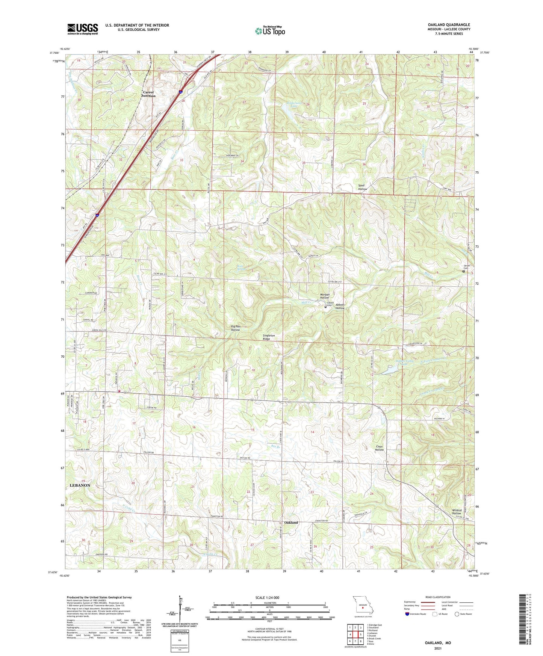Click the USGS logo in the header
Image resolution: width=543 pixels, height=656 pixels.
83,29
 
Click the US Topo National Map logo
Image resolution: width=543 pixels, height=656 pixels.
270,31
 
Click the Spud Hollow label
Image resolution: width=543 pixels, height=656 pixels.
362,187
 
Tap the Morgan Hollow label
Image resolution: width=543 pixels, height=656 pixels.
324,296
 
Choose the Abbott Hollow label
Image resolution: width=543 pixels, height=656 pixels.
340,306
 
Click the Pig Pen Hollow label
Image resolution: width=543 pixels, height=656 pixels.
235,328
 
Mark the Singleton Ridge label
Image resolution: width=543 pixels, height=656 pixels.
271,337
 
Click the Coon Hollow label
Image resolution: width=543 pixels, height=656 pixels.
379,448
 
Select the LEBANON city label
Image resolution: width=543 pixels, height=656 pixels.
80,485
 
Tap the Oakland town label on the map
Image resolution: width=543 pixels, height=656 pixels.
291,523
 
